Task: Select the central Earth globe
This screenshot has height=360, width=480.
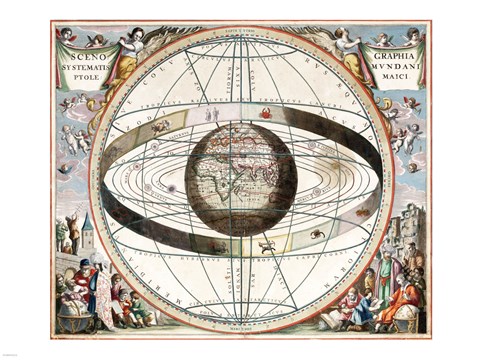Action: (x=240, y=178)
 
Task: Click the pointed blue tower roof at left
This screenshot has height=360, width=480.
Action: (x=88, y=224)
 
